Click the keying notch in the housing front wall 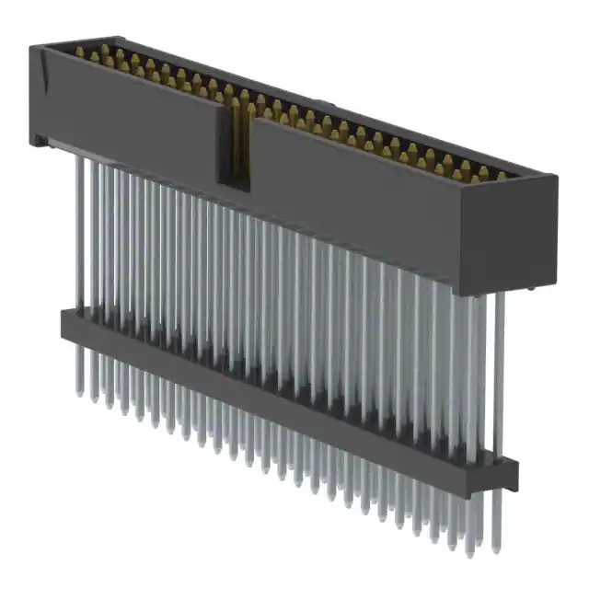click(237, 147)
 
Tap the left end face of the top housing click(38, 92)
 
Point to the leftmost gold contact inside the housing click(79, 52)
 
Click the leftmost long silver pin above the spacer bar click(79, 230)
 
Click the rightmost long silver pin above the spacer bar click(500, 368)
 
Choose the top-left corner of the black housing click(32, 46)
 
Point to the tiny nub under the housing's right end click(535, 287)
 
